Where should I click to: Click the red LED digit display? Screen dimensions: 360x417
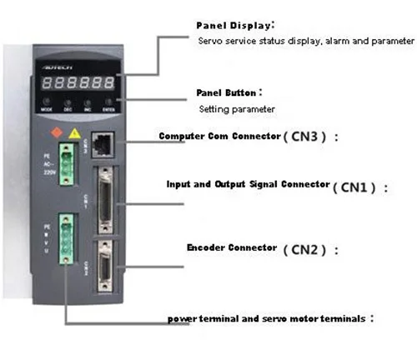point(82,83)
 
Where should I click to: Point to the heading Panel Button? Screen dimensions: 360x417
point(225,92)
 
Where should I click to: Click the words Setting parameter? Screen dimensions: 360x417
point(236,109)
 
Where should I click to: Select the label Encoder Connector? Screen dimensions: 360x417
point(231,247)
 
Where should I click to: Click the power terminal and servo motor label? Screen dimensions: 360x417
point(267,318)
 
